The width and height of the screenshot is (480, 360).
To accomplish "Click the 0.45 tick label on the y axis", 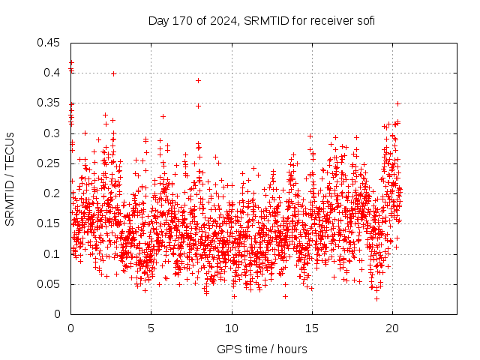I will tap(50, 43).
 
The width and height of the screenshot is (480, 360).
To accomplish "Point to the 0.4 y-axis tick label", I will tap(53, 73).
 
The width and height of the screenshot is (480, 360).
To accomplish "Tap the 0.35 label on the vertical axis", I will tap(50, 103).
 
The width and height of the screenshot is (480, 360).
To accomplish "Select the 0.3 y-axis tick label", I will tap(53, 133).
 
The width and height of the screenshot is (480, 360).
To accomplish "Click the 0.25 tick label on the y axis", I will tap(50, 163).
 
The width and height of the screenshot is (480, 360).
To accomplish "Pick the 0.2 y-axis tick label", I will tap(53, 193).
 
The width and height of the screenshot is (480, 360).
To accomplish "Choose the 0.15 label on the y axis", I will tap(50, 223).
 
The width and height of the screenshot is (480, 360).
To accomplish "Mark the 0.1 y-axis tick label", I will tap(53, 254).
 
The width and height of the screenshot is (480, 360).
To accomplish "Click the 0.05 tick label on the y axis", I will tap(50, 284).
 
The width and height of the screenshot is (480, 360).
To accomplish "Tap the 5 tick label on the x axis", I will tap(151, 328).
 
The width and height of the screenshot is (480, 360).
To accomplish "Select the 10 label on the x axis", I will tap(232, 328).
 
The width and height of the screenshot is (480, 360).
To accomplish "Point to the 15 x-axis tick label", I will tap(312, 328).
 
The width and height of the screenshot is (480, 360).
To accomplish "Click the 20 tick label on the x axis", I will tap(392, 328).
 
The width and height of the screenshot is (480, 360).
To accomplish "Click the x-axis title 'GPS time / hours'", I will tap(262, 349).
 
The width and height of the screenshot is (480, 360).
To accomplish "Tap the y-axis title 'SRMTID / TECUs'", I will tap(10, 178).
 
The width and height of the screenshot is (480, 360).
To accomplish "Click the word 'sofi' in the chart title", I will tap(365, 20).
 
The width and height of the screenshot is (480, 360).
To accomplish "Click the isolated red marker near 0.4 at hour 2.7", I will tap(113, 73).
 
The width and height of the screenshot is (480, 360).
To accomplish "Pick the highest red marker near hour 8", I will tap(198, 80).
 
